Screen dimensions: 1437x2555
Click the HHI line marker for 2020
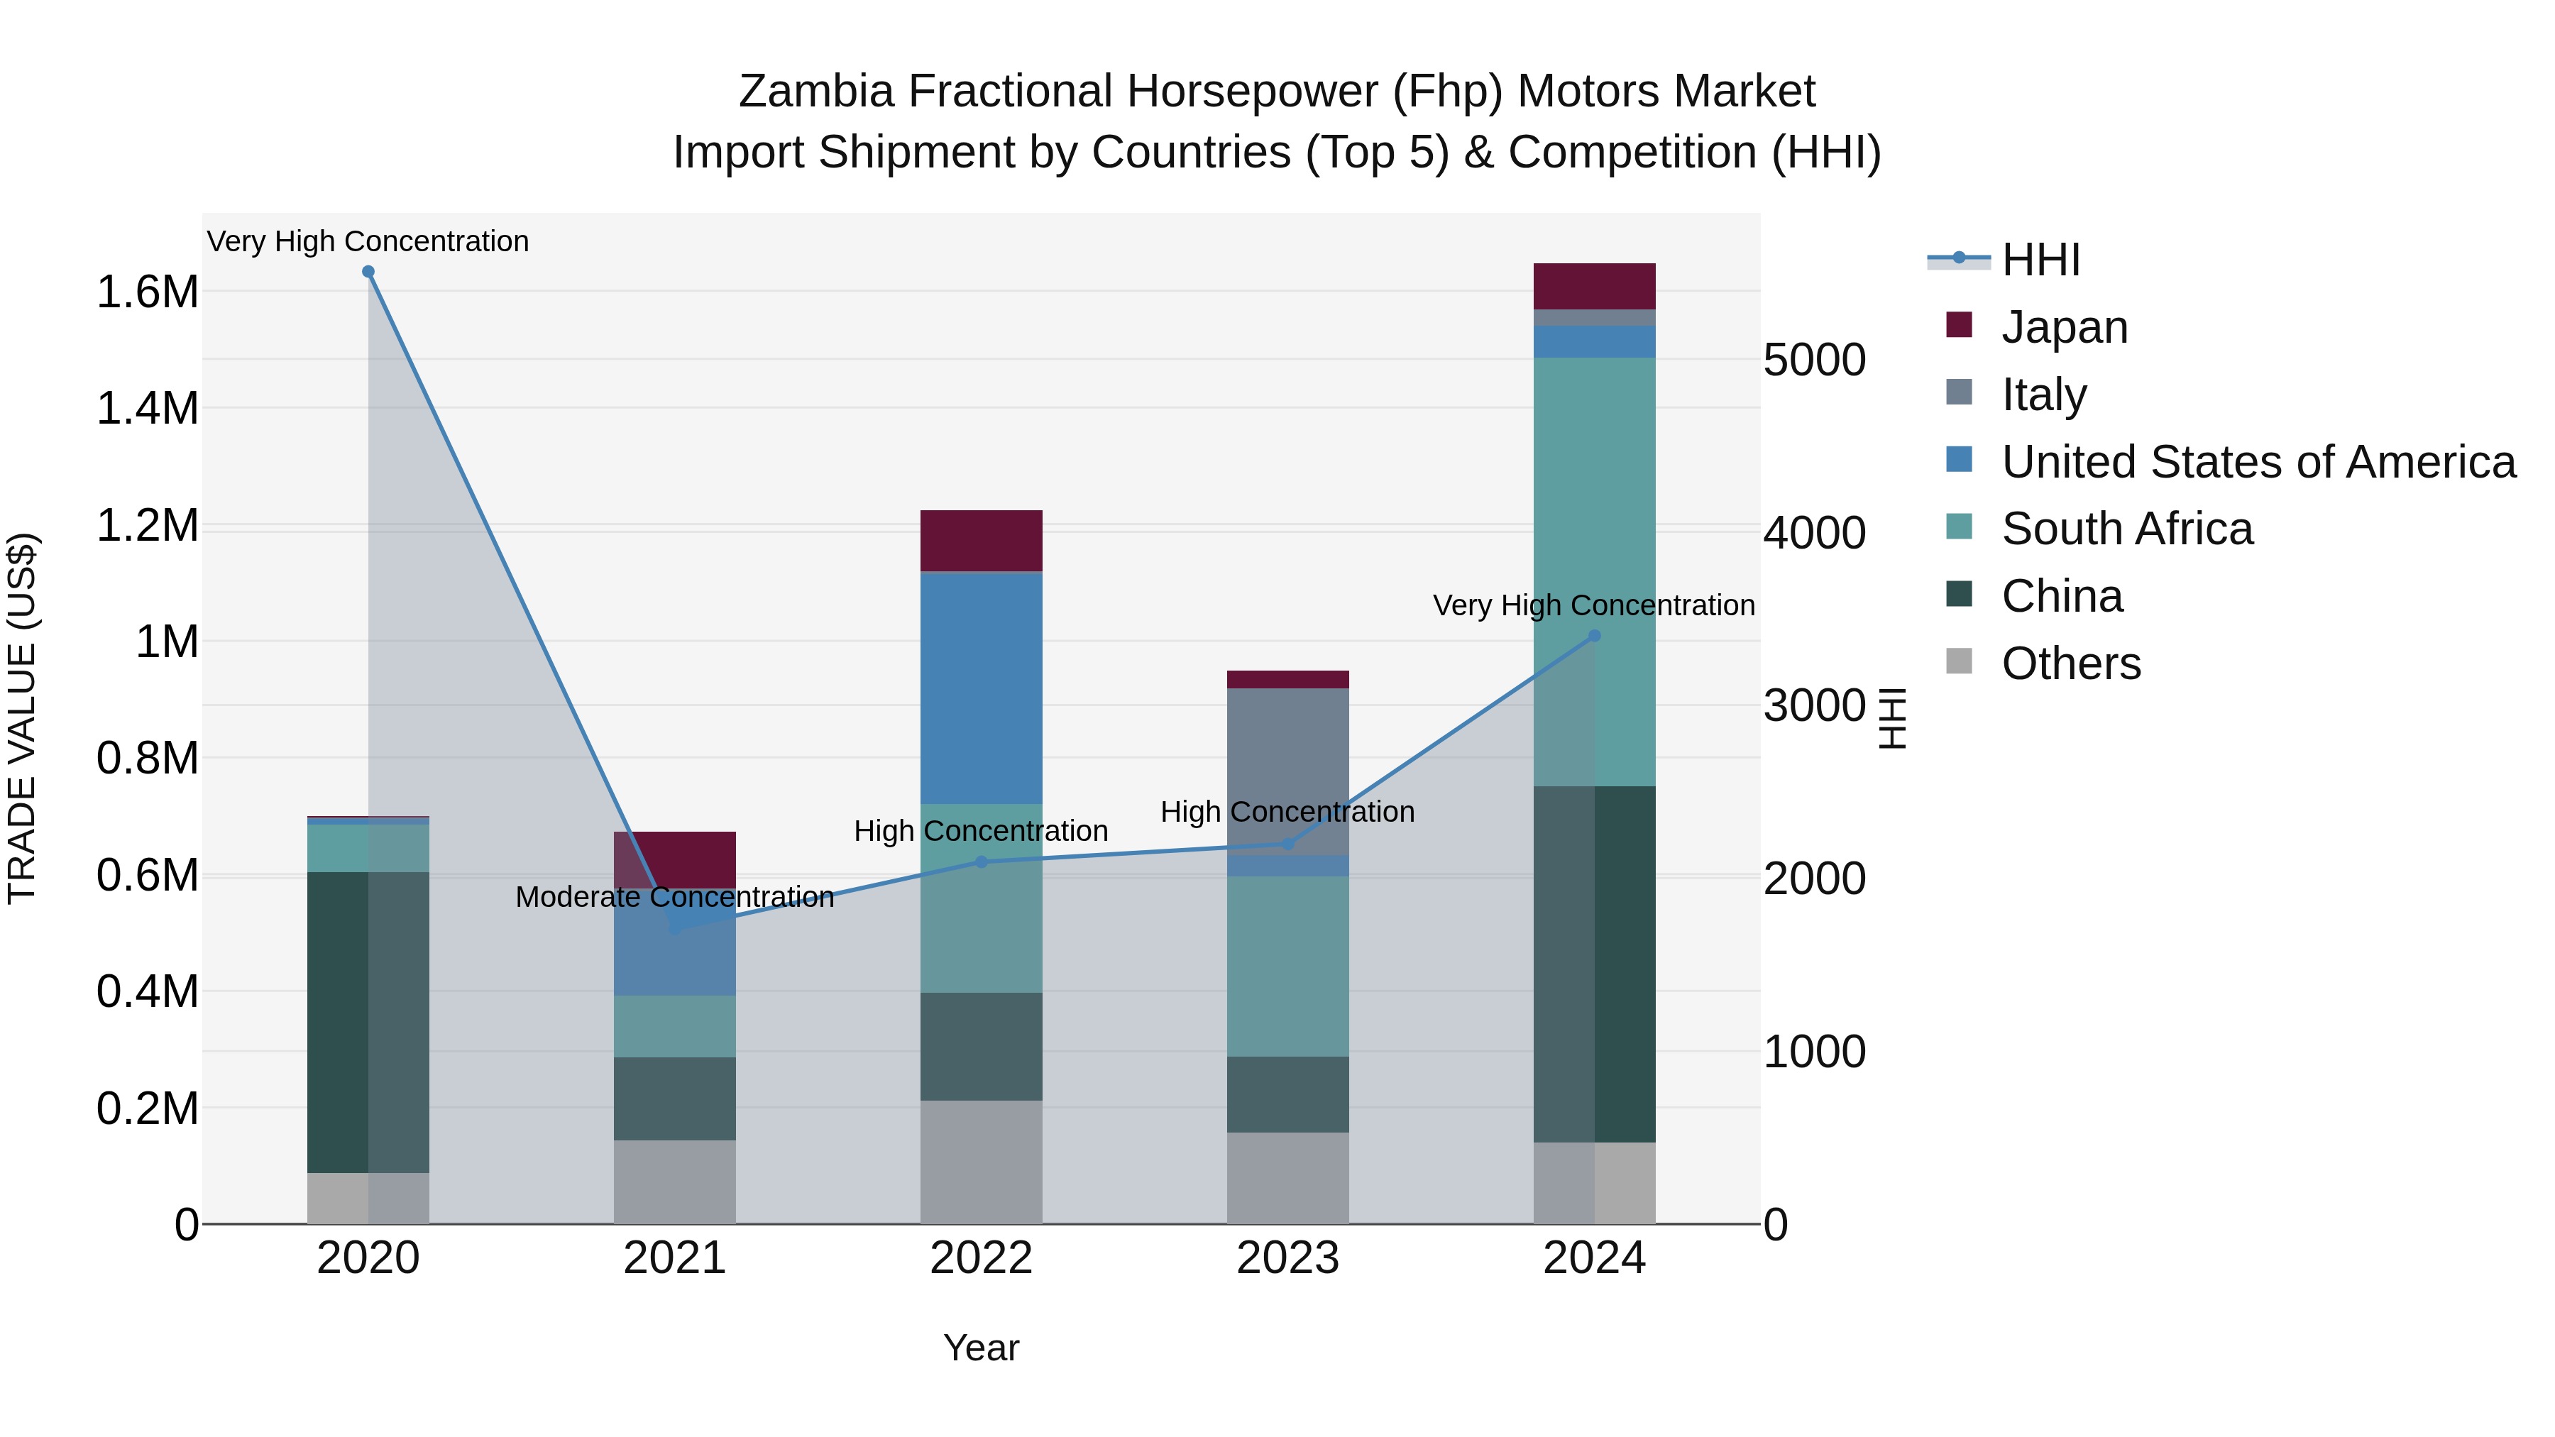368,272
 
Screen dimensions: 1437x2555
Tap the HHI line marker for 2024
1594,636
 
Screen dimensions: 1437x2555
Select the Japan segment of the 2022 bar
981,541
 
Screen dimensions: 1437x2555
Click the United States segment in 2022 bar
981,688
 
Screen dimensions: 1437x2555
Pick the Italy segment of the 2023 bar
1287,771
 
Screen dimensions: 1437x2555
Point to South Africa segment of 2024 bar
1594,571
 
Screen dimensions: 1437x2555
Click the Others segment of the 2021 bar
674,1181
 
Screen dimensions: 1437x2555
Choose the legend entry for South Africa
2126,529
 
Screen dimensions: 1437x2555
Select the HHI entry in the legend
2040,260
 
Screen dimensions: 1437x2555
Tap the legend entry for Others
2070,664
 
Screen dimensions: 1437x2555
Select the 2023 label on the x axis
1287,1258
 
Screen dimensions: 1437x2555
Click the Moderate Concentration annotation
674,896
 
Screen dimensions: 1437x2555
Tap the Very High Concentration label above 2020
368,241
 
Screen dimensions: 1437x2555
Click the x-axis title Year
981,1348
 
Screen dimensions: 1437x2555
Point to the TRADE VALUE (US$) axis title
22,718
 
